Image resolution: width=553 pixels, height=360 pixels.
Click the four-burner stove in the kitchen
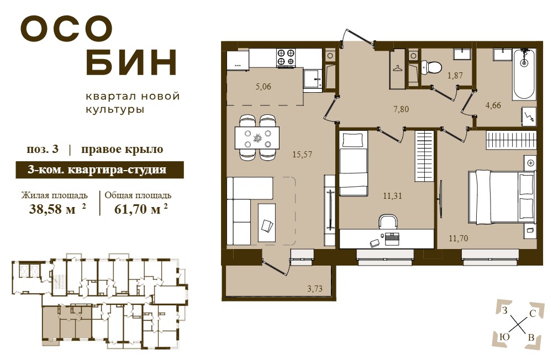click(286, 57)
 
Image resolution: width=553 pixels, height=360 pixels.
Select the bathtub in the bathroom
click(524, 73)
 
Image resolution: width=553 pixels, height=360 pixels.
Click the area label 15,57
click(302, 154)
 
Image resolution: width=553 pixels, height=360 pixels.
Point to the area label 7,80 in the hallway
click(401, 109)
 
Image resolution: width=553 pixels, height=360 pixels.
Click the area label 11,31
click(393, 195)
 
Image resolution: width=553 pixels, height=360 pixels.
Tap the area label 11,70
click(459, 239)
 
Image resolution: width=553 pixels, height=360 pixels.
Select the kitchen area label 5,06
click(263, 86)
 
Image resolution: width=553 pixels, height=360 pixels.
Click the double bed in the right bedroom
click(501, 197)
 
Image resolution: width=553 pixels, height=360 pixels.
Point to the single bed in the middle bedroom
click(354, 163)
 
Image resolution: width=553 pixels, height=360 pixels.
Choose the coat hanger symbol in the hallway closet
click(397, 68)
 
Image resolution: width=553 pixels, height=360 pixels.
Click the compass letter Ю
click(505, 337)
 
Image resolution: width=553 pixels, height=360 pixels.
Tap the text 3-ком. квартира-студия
click(97, 170)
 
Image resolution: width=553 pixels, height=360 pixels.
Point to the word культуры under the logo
click(115, 110)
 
